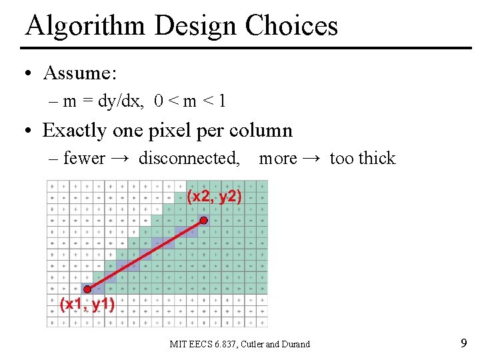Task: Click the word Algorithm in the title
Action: (x=85, y=26)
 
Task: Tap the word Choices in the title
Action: (x=291, y=26)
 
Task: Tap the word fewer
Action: (x=84, y=159)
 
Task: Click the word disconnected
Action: (x=189, y=159)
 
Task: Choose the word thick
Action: (x=377, y=159)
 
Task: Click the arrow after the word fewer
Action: (x=121, y=159)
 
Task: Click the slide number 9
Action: (x=463, y=344)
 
